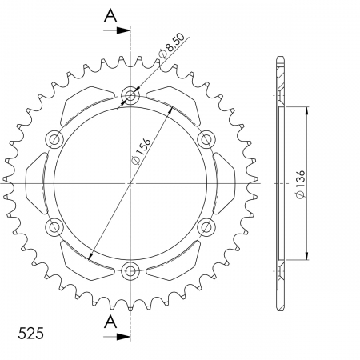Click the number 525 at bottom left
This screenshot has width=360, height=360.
[x=30, y=334]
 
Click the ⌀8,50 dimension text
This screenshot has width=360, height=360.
[x=171, y=46]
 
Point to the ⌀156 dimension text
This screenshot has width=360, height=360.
[x=142, y=151]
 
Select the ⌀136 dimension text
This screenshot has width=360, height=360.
[x=300, y=184]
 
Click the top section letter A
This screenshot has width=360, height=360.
[x=110, y=15]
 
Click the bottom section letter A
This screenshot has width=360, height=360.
[x=110, y=322]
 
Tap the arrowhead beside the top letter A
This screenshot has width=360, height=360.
[x=123, y=30]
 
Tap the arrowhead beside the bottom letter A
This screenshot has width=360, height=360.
[x=123, y=337]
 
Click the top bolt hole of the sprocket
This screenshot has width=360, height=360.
[x=130, y=95]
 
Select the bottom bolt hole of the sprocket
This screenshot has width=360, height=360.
[x=130, y=271]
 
